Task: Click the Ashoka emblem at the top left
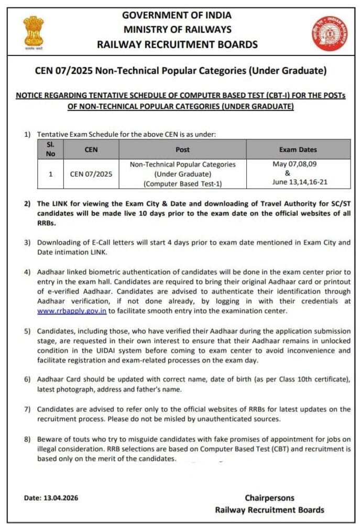point(33,32)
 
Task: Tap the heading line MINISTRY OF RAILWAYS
point(177,29)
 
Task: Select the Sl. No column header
point(51,149)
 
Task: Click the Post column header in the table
point(182,150)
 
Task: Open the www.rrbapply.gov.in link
point(72,311)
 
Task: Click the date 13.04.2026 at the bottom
point(61,498)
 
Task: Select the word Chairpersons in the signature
point(269,498)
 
